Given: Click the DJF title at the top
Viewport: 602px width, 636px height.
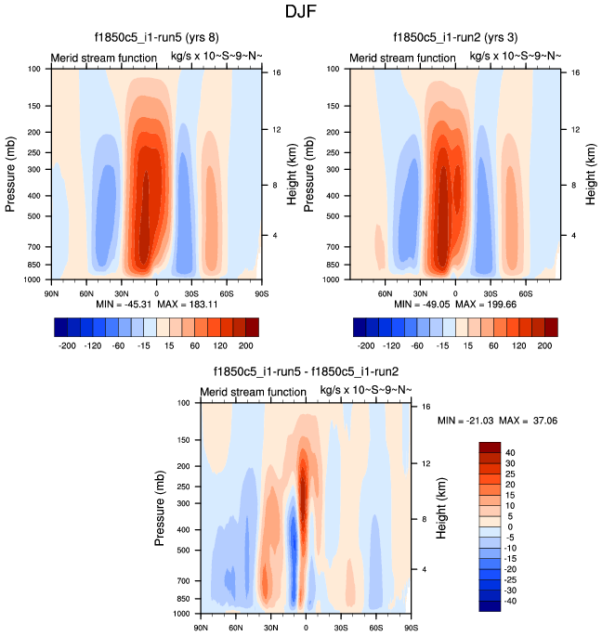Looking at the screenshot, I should coord(301,13).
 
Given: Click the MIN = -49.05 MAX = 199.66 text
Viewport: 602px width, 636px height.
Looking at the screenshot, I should coord(452,304).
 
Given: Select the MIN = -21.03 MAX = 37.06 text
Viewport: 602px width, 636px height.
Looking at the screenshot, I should coord(497,421).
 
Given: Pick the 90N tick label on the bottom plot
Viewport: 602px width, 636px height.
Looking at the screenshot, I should coord(200,627).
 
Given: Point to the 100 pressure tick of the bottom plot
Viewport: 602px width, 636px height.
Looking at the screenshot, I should coord(183,403).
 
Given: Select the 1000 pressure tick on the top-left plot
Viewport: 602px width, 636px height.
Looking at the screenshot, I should coord(33,279).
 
